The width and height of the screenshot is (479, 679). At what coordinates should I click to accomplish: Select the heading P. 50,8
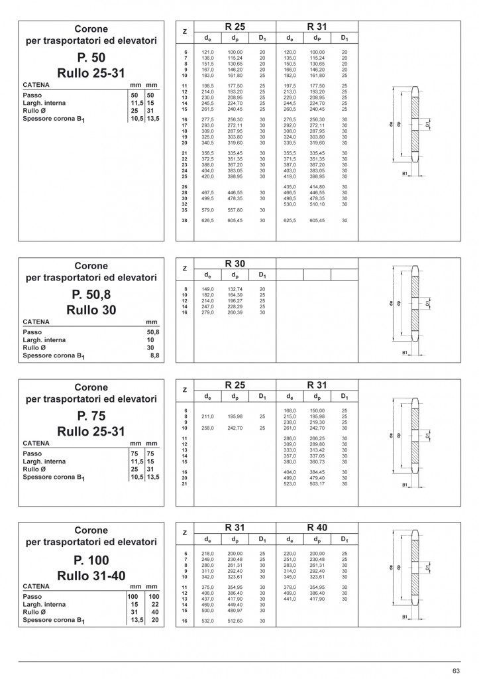[91, 294]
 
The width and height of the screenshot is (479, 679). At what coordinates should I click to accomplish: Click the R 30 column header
[235, 263]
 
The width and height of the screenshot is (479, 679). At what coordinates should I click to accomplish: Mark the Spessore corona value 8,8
[154, 356]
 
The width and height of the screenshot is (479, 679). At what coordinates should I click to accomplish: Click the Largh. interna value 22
[152, 604]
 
